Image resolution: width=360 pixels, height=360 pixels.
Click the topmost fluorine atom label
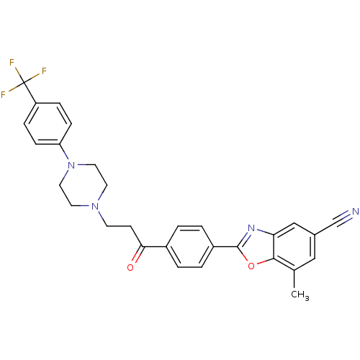point(12,63)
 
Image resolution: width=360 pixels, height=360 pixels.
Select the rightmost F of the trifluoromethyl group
point(44,71)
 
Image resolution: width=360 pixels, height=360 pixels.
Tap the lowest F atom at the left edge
point(4,94)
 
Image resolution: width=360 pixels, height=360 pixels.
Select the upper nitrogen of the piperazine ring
point(71,166)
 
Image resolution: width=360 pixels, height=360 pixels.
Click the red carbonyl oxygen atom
point(130,267)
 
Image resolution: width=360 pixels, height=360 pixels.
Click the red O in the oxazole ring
point(251,265)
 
